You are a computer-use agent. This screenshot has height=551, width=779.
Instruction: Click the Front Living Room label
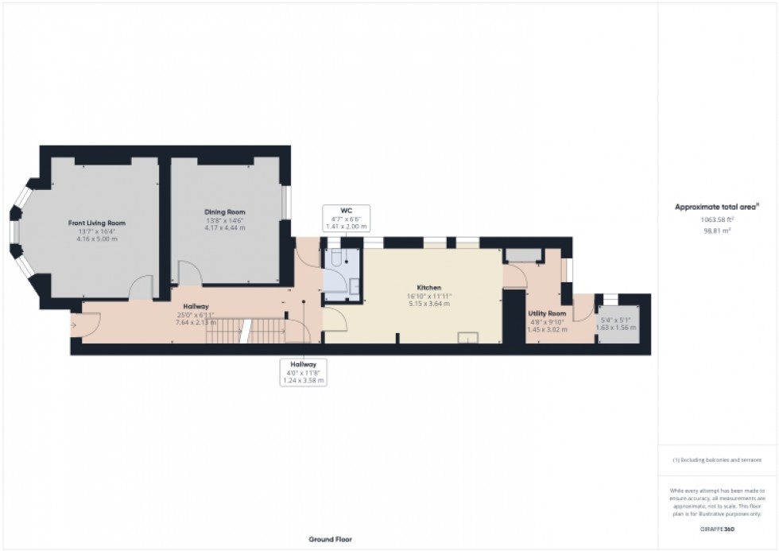(96, 223)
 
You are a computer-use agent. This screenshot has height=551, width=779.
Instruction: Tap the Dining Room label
(225, 212)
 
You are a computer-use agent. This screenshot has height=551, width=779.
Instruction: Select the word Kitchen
(428, 287)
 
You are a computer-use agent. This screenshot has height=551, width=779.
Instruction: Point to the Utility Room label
(546, 313)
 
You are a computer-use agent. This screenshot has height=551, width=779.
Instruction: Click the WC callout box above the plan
(346, 218)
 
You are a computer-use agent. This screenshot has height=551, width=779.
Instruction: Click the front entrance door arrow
(75, 324)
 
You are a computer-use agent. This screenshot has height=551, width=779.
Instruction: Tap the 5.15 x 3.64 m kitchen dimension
(428, 304)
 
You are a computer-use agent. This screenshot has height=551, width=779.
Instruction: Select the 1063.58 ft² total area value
(716, 219)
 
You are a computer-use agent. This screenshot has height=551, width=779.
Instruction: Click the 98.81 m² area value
(716, 230)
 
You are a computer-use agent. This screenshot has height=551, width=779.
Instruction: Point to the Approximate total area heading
(716, 207)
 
